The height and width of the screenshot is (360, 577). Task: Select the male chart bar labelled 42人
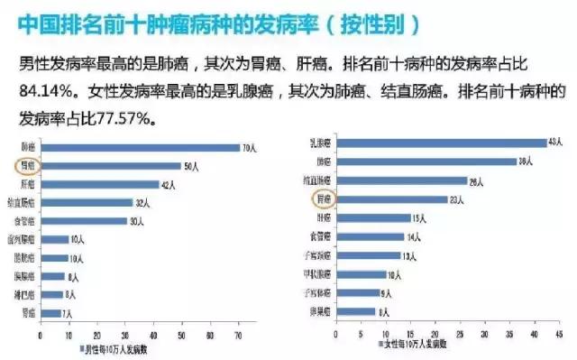[100, 184]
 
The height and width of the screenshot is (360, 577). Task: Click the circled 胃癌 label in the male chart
[29, 166]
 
